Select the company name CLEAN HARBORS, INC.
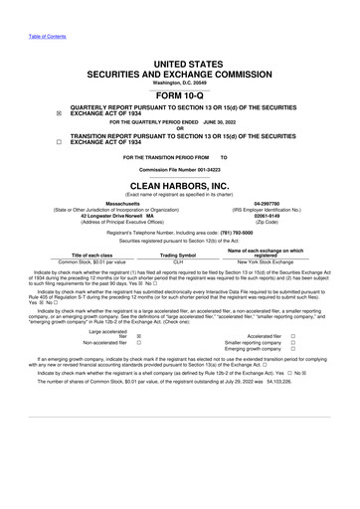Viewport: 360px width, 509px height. pyautogui.click(x=179, y=186)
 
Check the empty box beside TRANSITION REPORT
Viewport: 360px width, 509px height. pyautogui.click(x=32, y=142)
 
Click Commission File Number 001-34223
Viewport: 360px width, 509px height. pyautogui.click(x=179, y=171)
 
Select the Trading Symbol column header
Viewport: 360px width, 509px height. pyautogui.click(x=180, y=254)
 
